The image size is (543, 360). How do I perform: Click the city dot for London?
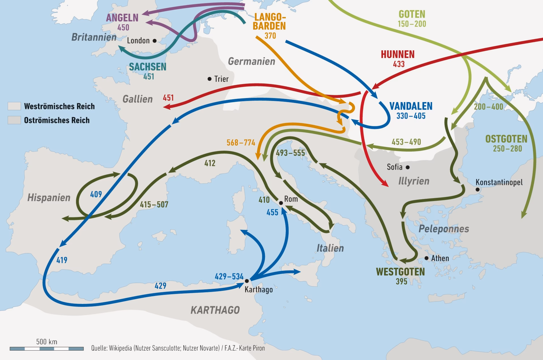pyautogui.click(x=154, y=41)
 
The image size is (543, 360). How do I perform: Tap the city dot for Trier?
pyautogui.click(x=209, y=79)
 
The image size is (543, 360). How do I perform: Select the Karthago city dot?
pyautogui.click(x=247, y=281)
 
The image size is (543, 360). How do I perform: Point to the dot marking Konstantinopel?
pyautogui.click(x=477, y=189)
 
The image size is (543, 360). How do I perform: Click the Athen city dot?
pyautogui.click(x=426, y=258)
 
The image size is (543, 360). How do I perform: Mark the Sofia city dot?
pyautogui.click(x=408, y=167)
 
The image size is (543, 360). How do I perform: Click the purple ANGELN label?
pyautogui.click(x=122, y=18)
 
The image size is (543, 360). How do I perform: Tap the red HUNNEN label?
pyautogui.click(x=397, y=54)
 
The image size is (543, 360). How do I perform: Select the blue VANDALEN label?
pyautogui.click(x=411, y=106)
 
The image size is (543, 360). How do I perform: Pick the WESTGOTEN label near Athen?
pyautogui.click(x=400, y=272)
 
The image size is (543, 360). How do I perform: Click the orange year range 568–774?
pyautogui.click(x=241, y=142)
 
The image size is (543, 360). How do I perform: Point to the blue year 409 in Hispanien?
pyautogui.click(x=96, y=194)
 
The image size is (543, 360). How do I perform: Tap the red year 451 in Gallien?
pyautogui.click(x=168, y=98)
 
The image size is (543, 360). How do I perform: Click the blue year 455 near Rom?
pyautogui.click(x=272, y=212)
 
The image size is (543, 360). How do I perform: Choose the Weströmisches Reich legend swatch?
pyautogui.click(x=14, y=106)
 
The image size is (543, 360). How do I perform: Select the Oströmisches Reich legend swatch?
pyautogui.click(x=14, y=120)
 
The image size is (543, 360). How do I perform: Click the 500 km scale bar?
pyautogui.click(x=47, y=349)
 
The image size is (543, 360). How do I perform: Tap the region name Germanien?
pyautogui.click(x=251, y=61)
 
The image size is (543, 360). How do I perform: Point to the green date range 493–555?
pyautogui.click(x=290, y=153)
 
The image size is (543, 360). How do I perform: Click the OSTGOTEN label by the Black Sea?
pyautogui.click(x=506, y=139)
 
